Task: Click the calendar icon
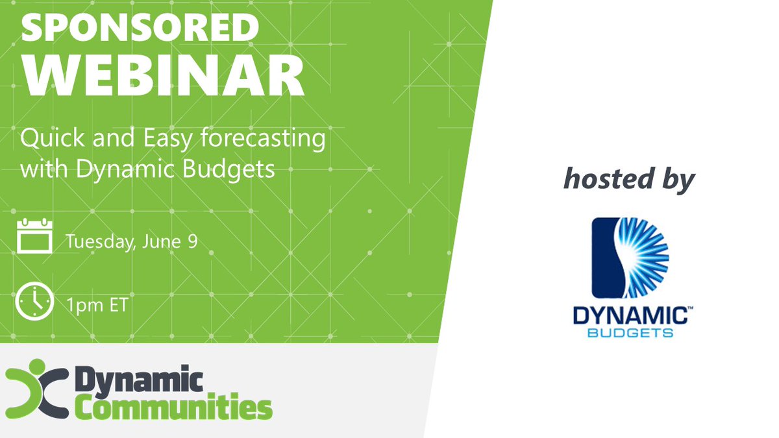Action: click(x=34, y=236)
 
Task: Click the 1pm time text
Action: click(x=83, y=304)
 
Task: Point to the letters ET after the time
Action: click(x=117, y=304)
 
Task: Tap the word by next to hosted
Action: click(x=678, y=178)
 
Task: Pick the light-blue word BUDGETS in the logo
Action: click(x=629, y=333)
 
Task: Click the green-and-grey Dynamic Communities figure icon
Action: click(x=36, y=390)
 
